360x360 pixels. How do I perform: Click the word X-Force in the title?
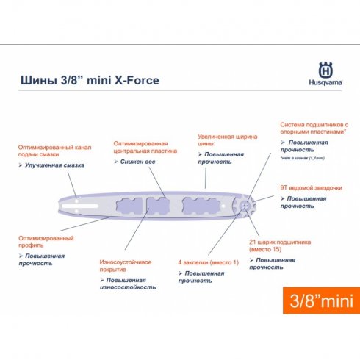(134, 80)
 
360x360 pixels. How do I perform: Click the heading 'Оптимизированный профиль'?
(46, 242)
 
